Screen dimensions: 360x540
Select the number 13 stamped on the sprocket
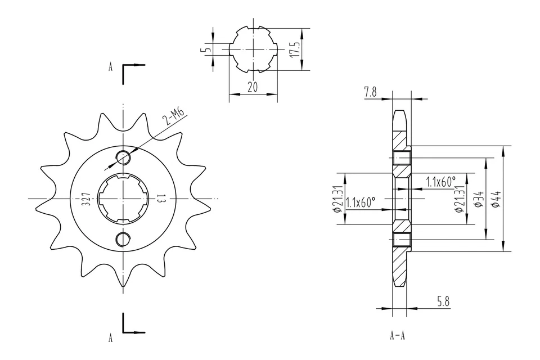coord(160,199)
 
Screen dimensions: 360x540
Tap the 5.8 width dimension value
coord(443,302)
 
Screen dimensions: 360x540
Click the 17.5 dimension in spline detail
coord(292,49)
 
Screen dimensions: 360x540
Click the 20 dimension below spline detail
coord(253,88)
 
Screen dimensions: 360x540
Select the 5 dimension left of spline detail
coord(206,49)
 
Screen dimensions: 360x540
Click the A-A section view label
coord(397,336)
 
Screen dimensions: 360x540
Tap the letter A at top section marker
coord(111,67)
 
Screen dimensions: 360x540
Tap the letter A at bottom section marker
coord(111,338)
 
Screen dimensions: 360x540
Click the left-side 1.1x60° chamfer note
coord(360,202)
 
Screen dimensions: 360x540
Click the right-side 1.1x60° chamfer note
coord(440,182)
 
